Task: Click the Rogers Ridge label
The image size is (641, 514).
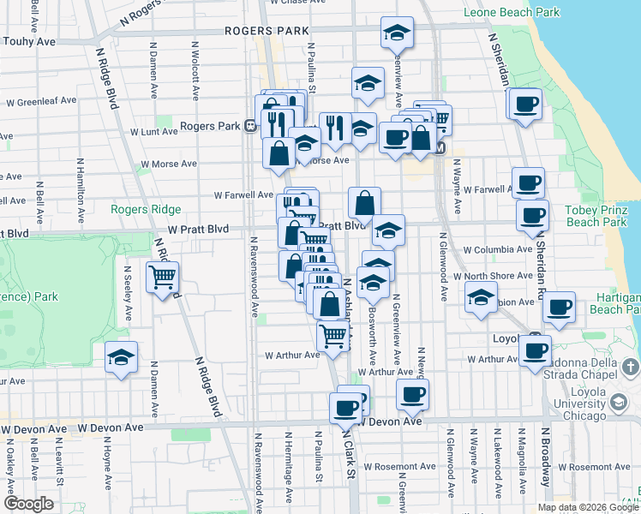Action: point(146,209)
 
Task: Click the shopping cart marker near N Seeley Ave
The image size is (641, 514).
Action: point(162,278)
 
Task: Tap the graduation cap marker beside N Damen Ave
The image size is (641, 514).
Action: point(122,356)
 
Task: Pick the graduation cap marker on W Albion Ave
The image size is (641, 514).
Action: point(482,299)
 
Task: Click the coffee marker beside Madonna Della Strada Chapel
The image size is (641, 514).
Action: point(536,350)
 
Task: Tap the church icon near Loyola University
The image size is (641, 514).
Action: point(630,368)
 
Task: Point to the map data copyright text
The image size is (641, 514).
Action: point(587,507)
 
